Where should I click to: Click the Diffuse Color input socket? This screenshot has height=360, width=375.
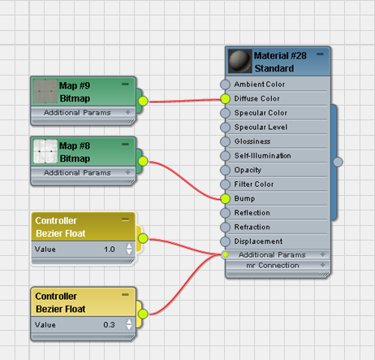(x=225, y=99)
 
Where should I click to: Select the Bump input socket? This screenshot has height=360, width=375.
(x=225, y=198)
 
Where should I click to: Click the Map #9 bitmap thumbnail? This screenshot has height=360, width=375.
(x=45, y=92)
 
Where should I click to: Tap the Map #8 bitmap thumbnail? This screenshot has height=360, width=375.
(x=45, y=151)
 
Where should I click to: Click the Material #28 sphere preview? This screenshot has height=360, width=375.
(x=240, y=61)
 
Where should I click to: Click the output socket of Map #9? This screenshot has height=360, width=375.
(x=143, y=101)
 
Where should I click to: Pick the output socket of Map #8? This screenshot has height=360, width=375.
(x=143, y=161)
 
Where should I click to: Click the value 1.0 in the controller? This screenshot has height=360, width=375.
(x=110, y=249)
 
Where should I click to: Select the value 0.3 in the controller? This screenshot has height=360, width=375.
(x=109, y=324)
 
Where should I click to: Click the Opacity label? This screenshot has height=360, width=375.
(x=248, y=170)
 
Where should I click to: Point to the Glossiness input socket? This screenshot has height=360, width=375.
(x=225, y=141)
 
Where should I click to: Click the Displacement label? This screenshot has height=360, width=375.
(x=258, y=241)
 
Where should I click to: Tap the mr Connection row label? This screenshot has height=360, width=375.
(x=273, y=265)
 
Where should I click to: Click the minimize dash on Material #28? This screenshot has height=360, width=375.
(x=320, y=54)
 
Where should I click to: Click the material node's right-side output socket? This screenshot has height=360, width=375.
(x=338, y=162)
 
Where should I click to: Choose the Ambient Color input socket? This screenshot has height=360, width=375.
(x=225, y=85)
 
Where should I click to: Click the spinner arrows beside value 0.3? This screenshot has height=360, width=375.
(x=129, y=324)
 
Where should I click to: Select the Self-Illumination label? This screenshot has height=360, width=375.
(x=262, y=156)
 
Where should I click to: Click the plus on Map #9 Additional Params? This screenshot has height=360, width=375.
(x=128, y=112)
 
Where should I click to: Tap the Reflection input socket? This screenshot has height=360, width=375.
(x=225, y=213)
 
